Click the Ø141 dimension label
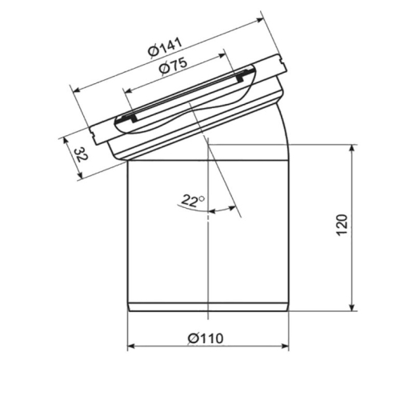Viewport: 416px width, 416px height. [x=166, y=47]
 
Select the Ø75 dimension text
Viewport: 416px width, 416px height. [x=174, y=66]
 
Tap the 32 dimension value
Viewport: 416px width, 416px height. [x=80, y=154]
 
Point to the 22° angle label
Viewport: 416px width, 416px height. [x=194, y=201]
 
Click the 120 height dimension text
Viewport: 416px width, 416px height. [x=342, y=225]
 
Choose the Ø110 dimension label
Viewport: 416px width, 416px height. [x=206, y=338]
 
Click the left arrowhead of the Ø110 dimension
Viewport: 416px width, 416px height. [x=131, y=346]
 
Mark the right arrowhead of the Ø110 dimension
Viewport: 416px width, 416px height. [x=286, y=346]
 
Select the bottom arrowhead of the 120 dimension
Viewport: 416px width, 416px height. [x=353, y=307]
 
